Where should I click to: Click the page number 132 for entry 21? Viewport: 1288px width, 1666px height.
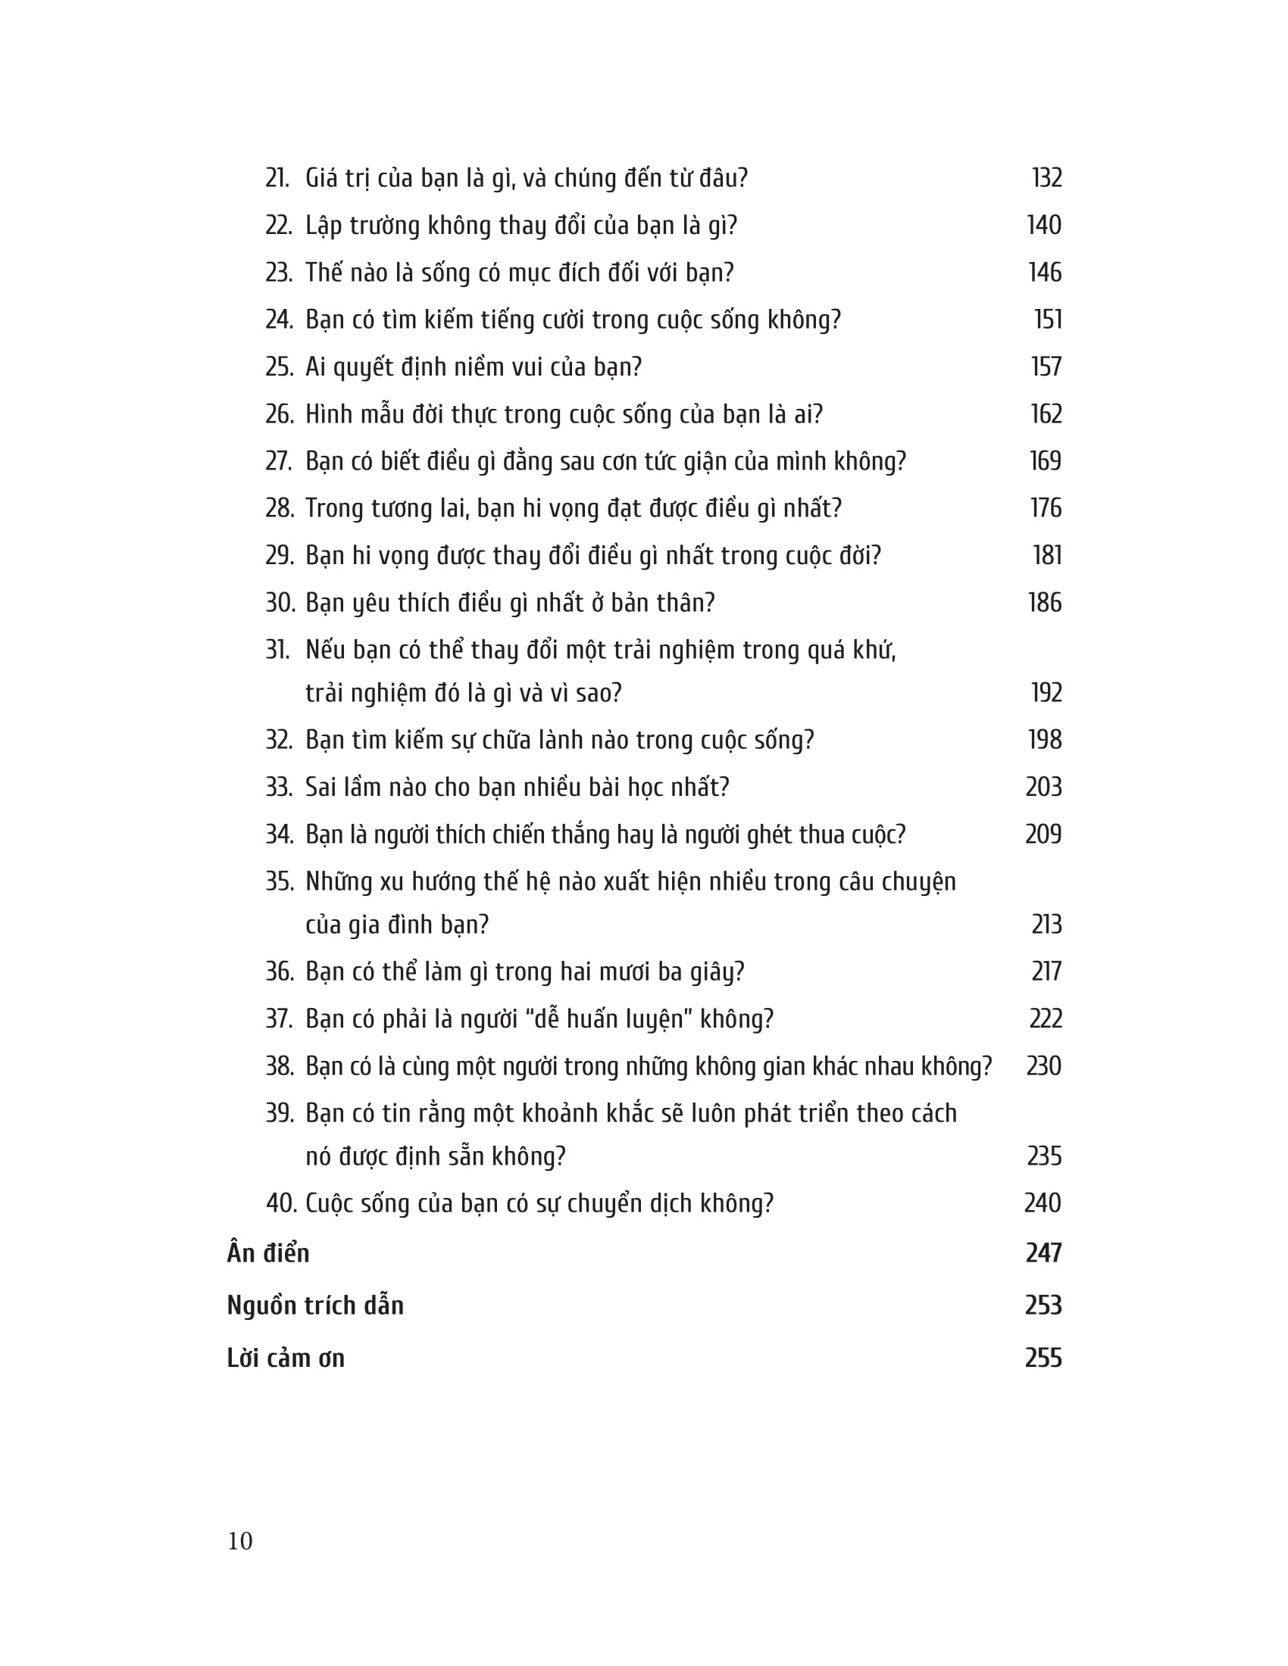(x=1046, y=178)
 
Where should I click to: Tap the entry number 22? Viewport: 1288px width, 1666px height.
(x=279, y=226)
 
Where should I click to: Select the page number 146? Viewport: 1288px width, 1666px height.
(x=1045, y=273)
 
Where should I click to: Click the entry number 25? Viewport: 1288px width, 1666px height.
(x=279, y=367)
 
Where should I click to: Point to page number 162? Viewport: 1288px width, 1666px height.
(x=1046, y=414)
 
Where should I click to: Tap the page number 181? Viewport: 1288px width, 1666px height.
(x=1047, y=555)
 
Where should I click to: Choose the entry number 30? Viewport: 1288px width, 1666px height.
(x=280, y=603)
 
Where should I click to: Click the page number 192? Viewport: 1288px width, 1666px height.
(x=1046, y=693)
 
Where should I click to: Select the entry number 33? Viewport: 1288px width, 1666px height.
(x=279, y=788)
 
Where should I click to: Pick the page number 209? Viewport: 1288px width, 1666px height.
(x=1043, y=835)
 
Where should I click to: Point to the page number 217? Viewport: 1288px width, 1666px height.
(x=1046, y=971)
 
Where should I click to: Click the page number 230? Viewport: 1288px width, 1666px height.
(x=1043, y=1065)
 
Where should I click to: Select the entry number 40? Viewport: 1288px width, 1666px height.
(x=280, y=1203)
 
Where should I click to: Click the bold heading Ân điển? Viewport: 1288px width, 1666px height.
(x=267, y=1253)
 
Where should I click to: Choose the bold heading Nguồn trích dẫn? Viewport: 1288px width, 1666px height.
(x=315, y=1306)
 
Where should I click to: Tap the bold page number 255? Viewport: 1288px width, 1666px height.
(x=1043, y=1358)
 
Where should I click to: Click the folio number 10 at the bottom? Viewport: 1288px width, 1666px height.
(x=239, y=1541)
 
